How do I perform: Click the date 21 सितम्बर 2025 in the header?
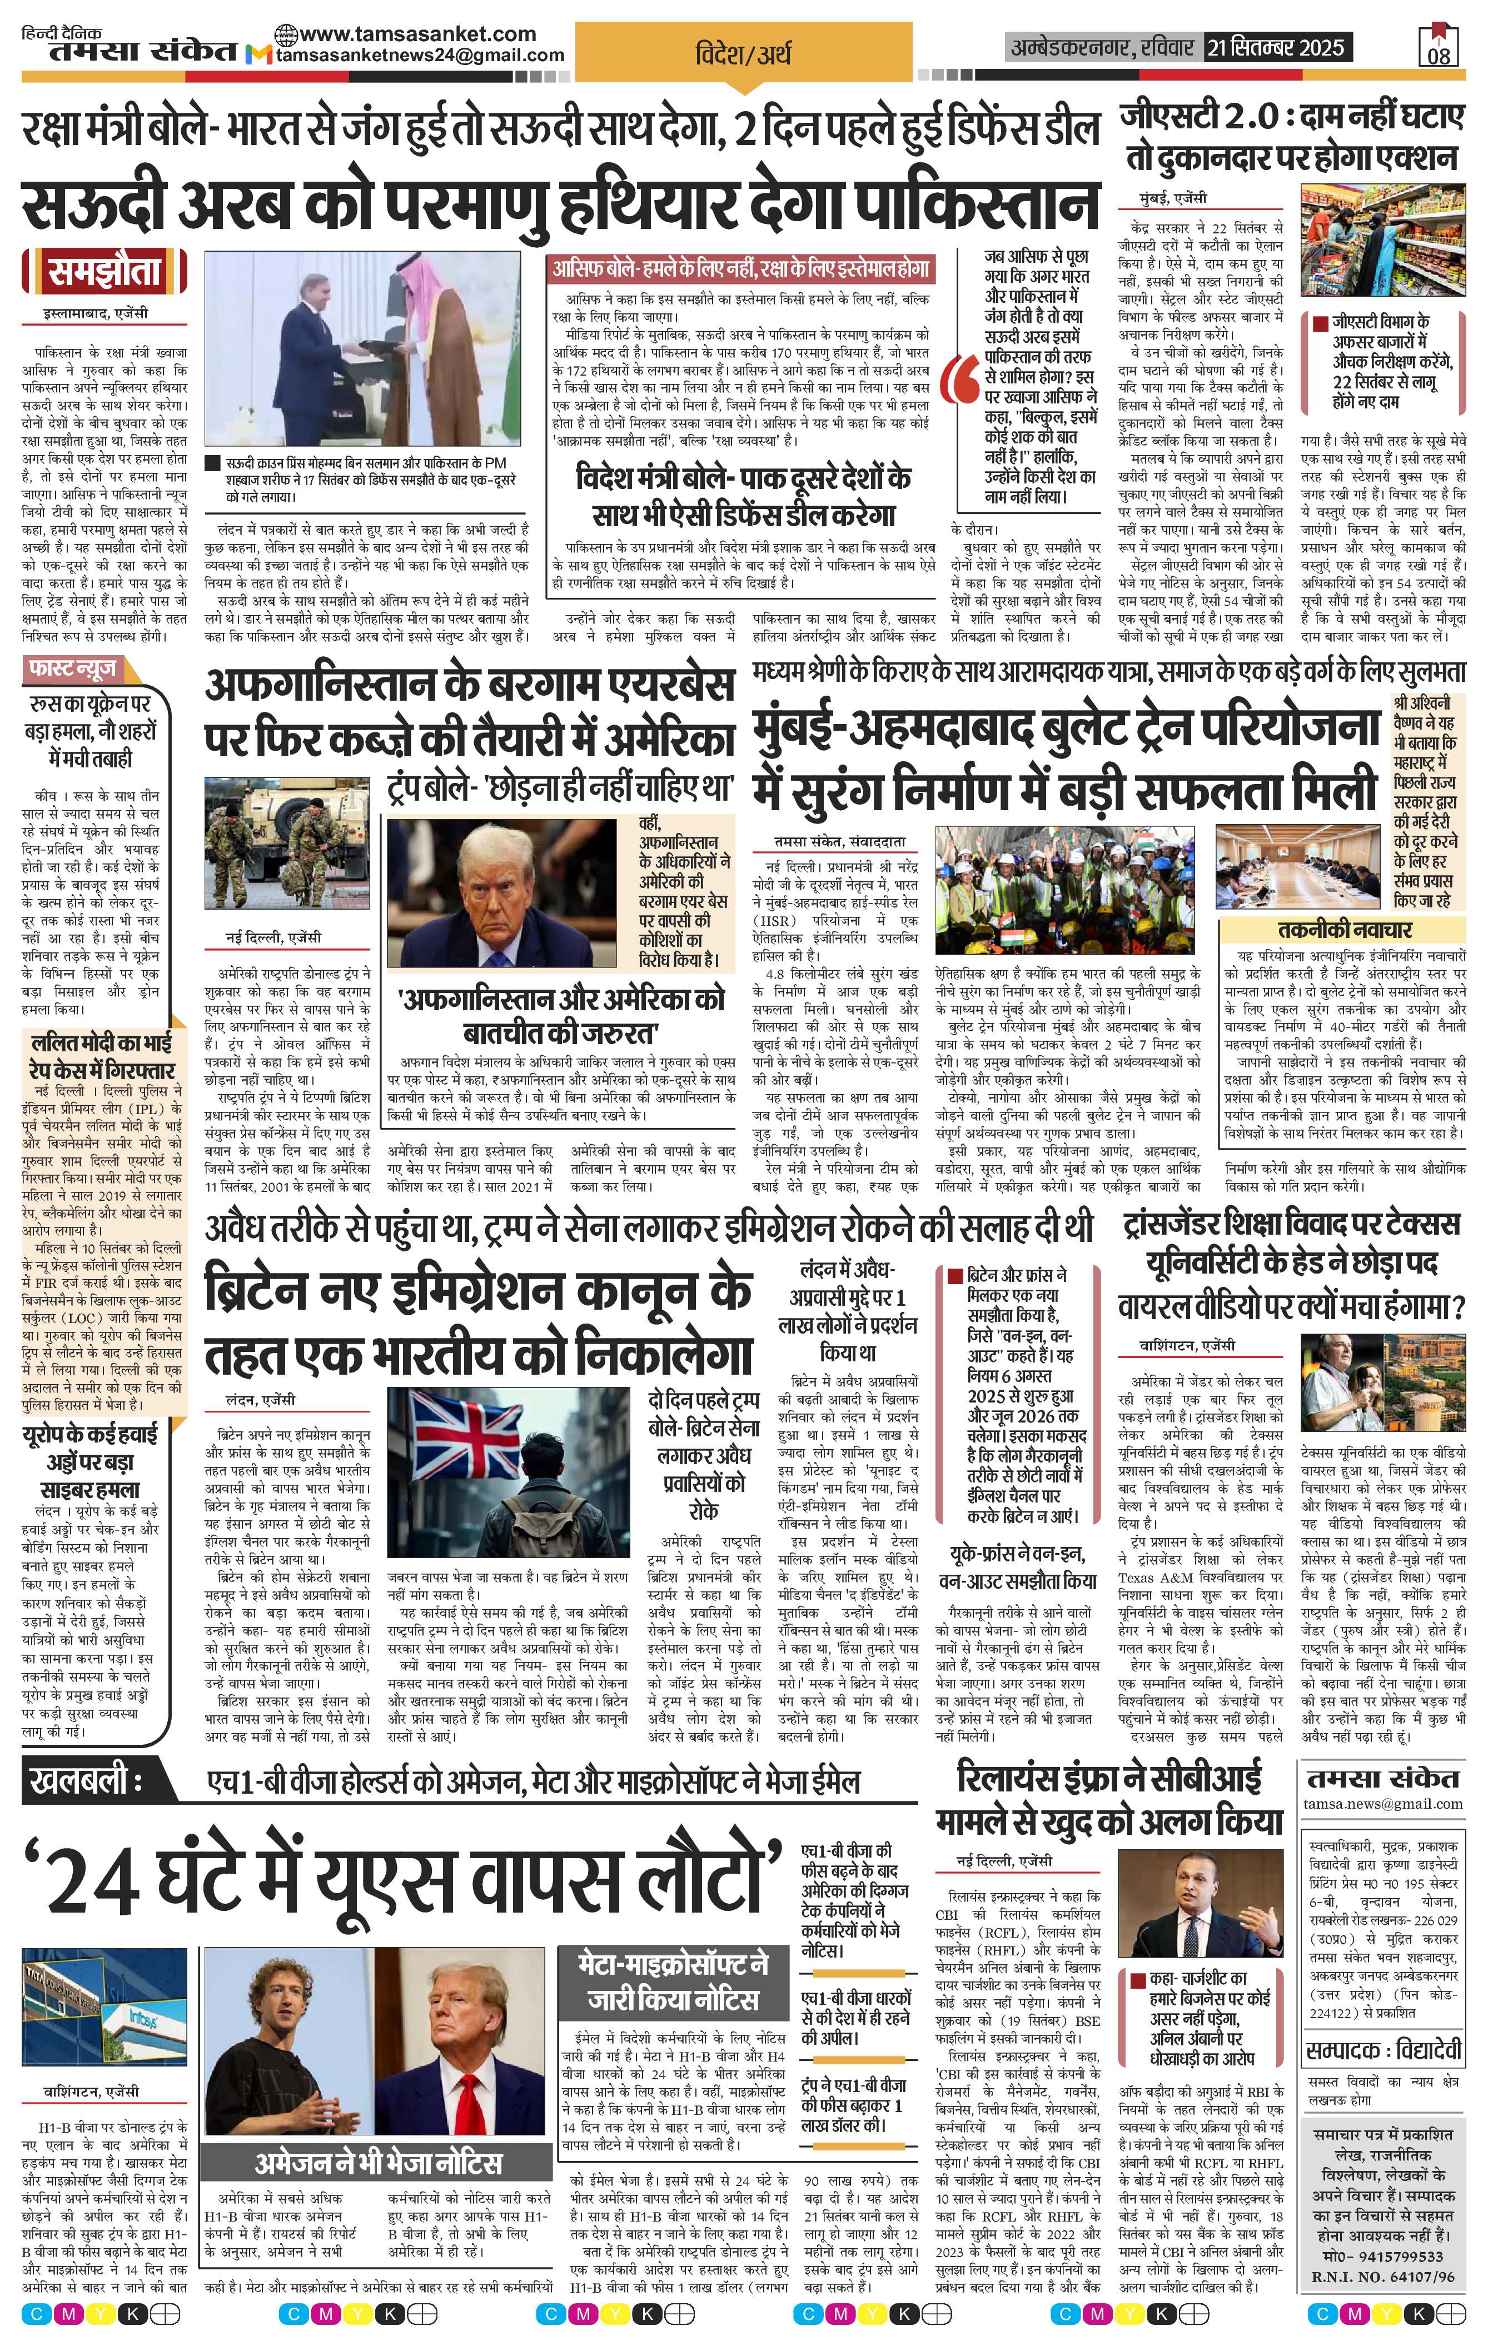(x=1275, y=47)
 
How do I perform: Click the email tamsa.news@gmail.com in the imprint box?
(x=1383, y=1803)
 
